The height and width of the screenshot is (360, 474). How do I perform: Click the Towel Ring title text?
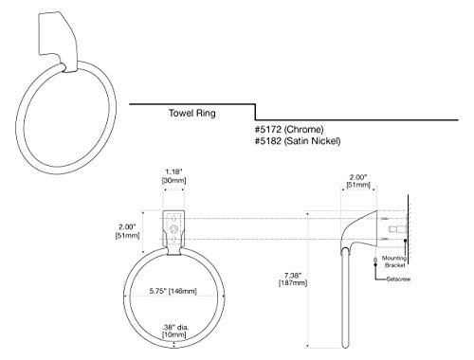(192, 113)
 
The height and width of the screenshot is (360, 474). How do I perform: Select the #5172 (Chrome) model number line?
(289, 129)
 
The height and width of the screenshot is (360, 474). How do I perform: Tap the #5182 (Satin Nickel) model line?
(298, 141)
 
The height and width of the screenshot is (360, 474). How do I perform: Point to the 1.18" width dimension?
(173, 172)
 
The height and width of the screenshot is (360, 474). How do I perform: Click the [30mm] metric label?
(173, 181)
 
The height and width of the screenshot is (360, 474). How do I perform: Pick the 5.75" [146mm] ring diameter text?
(173, 291)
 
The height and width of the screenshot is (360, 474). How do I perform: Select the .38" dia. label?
(173, 328)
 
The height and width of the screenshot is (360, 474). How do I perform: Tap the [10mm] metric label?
(173, 334)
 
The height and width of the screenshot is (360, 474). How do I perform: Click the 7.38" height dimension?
(293, 276)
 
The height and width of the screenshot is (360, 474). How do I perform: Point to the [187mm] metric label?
(293, 283)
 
